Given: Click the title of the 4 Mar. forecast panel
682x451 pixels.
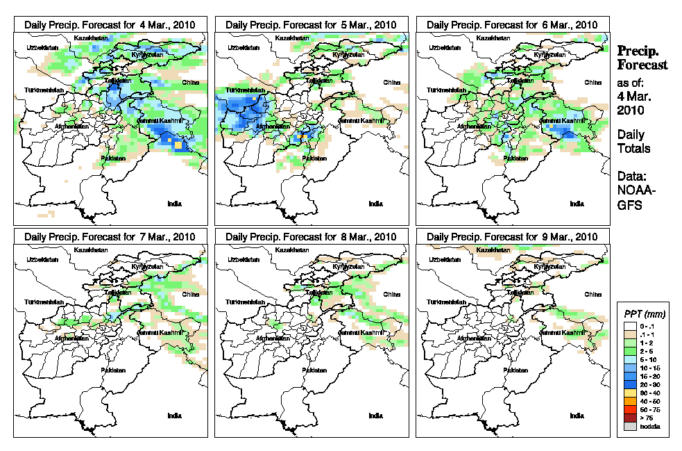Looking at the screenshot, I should click(x=110, y=24).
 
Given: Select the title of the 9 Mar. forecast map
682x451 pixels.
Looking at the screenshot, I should click(x=513, y=237).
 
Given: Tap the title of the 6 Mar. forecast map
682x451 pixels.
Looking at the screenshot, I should click(x=513, y=24).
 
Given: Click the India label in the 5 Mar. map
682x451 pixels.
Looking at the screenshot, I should click(x=375, y=204).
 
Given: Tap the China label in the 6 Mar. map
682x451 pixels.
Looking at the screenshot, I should click(x=592, y=82).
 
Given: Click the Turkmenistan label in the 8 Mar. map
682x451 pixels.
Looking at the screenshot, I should click(x=245, y=304).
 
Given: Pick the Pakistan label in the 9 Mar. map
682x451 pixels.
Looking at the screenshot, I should click(x=515, y=370).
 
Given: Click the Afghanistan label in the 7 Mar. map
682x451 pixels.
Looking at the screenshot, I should click(x=73, y=338).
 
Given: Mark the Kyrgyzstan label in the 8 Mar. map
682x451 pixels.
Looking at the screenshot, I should click(x=348, y=267).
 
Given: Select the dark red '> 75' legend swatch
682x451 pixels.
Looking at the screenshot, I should click(x=629, y=418).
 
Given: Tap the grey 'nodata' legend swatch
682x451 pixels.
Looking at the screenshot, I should click(x=629, y=426).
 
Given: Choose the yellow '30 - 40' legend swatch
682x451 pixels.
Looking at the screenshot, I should click(x=629, y=393).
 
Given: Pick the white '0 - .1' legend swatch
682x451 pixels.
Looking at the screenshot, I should click(x=629, y=326).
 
